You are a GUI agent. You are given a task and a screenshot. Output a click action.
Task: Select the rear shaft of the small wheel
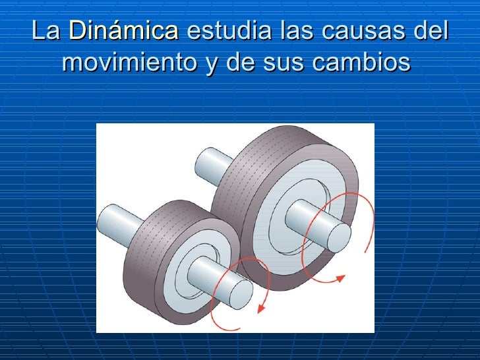[x=119, y=218]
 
